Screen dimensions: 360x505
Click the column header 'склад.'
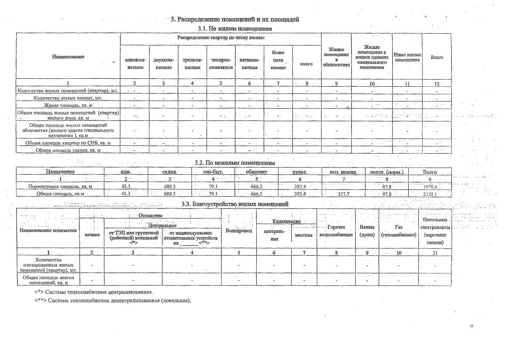point(169,172)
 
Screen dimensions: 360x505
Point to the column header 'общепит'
point(256,172)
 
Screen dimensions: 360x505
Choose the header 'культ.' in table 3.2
point(300,172)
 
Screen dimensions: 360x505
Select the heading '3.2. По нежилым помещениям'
point(235,163)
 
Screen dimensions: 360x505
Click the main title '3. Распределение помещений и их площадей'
point(235,19)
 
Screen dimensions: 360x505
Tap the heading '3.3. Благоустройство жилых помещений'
point(235,204)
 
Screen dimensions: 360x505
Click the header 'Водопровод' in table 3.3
point(239,231)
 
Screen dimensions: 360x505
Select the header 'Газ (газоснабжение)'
point(398,231)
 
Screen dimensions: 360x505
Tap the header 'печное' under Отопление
point(92,235)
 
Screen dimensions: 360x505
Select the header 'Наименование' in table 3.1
point(68,56)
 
